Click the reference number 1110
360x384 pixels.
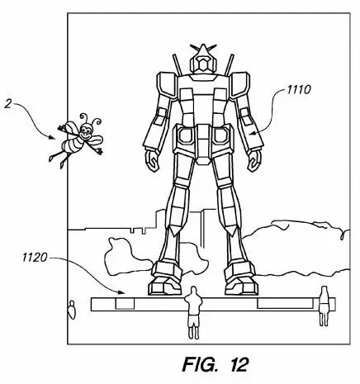point(299,90)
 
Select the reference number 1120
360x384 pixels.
point(35,258)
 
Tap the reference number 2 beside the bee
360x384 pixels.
point(8,104)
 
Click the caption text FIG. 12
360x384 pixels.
point(216,365)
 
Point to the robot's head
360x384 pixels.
point(203,61)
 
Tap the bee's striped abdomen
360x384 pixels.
point(72,145)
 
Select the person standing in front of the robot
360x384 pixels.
point(193,312)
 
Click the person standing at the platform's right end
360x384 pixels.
point(324,306)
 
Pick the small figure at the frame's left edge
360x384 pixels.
point(72,310)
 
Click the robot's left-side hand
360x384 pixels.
point(152,160)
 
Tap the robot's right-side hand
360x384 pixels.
point(254,160)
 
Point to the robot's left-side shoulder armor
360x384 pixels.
point(167,85)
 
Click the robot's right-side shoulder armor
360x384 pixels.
point(240,85)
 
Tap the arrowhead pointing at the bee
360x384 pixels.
point(53,137)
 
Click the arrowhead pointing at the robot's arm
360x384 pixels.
point(252,134)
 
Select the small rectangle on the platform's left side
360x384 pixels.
point(125,303)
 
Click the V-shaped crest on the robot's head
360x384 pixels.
point(203,49)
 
